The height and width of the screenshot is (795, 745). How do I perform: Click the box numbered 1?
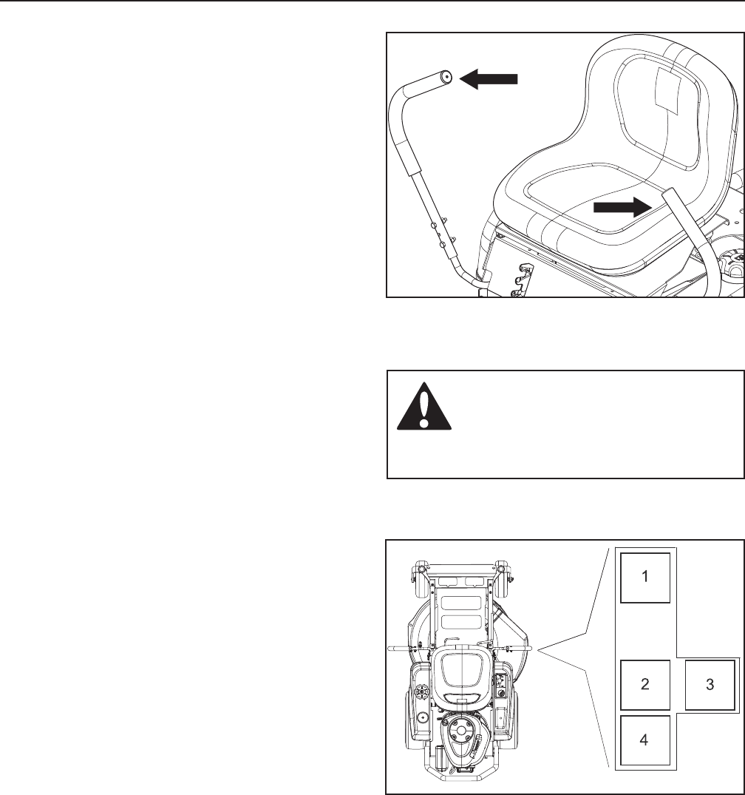(644, 577)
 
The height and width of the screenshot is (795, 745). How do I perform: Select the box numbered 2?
(644, 685)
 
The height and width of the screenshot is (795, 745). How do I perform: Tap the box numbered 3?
(710, 685)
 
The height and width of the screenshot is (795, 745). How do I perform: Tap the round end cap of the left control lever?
(446, 77)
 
